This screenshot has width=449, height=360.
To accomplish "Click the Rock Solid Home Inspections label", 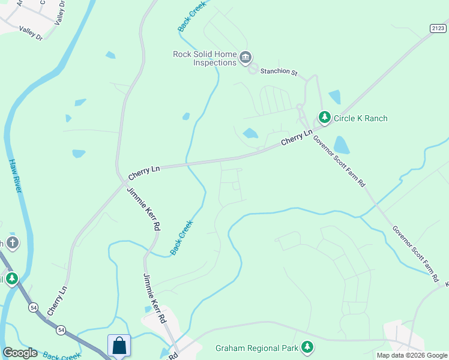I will pyautogui.click(x=205, y=58).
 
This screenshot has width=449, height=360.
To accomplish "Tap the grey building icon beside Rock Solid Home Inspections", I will pyautogui.click(x=246, y=58).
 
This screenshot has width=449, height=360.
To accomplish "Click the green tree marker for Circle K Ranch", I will pyautogui.click(x=325, y=117).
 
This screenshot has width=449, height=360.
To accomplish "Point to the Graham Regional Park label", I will pyautogui.click(x=257, y=347).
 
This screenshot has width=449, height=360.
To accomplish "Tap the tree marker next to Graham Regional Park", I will pyautogui.click(x=307, y=347).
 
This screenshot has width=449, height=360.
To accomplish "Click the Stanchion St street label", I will pyautogui.click(x=279, y=71).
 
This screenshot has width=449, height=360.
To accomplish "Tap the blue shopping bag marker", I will pyautogui.click(x=119, y=346).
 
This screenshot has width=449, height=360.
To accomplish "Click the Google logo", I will pyautogui.click(x=20, y=353).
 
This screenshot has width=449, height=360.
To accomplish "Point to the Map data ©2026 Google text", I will pyautogui.click(x=412, y=355).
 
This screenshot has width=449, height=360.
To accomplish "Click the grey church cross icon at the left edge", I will pyautogui.click(x=12, y=243).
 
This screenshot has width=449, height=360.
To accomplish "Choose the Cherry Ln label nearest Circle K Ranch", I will pyautogui.click(x=297, y=137).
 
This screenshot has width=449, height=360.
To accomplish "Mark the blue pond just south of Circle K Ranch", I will pyautogui.click(x=341, y=145).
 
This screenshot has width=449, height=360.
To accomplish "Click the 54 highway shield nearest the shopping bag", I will pyautogui.click(x=61, y=329).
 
